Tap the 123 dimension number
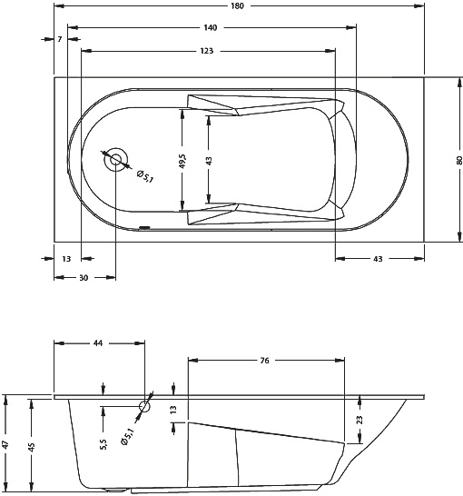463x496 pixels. pos(208,52)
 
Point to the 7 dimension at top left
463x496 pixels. pos(59,40)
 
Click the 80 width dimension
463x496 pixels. pos(458,160)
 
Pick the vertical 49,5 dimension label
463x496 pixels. pos(182,162)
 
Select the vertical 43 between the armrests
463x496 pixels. pos(209,161)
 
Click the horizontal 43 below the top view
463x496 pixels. pos(377,259)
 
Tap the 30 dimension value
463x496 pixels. pos(84,278)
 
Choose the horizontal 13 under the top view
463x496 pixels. pos(67,259)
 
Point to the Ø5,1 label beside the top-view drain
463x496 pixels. pos(143,173)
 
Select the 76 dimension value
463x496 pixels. pos(264,361)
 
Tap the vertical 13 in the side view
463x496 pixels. pos(173,411)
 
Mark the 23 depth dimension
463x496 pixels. pos(360,420)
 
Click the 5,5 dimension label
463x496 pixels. pos(103,442)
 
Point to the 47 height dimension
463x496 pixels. pos(7,445)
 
